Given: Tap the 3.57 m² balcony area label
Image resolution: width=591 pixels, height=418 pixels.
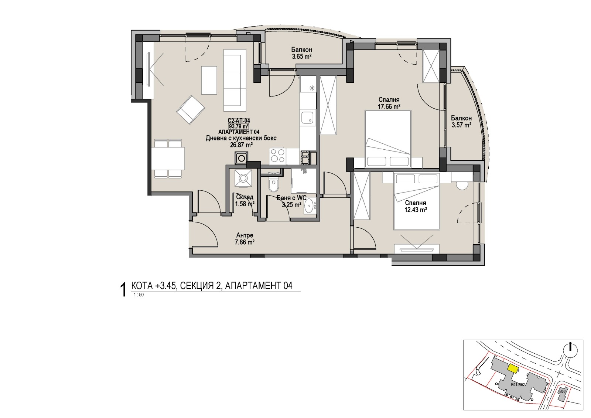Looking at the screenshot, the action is pyautogui.click(x=461, y=125).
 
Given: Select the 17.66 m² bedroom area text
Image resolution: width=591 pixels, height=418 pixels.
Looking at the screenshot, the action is pyautogui.click(x=389, y=107).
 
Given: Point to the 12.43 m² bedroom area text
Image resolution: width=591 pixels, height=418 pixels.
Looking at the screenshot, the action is pyautogui.click(x=416, y=210).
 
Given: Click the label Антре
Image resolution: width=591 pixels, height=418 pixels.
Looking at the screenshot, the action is pyautogui.click(x=245, y=235).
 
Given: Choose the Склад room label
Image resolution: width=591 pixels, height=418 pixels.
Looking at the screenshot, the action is pyautogui.click(x=245, y=197).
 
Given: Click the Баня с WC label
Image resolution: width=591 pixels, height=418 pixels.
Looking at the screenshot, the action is pyautogui.click(x=291, y=198).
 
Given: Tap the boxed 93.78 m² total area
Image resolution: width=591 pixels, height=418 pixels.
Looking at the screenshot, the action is pyautogui.click(x=239, y=126).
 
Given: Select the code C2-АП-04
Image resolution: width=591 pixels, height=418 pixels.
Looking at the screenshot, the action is pyautogui.click(x=239, y=121).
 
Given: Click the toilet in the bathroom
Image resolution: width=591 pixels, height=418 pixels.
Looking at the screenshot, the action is pyautogui.click(x=273, y=184).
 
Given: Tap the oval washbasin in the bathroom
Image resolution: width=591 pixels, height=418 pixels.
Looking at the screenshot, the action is pyautogui.click(x=308, y=206).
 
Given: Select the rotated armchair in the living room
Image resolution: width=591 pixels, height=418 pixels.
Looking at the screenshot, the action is pyautogui.click(x=191, y=110).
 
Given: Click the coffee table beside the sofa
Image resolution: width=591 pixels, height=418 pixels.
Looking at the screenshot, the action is pyautogui.click(x=209, y=80).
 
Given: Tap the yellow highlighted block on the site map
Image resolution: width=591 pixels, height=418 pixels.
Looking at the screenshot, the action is pyautogui.click(x=513, y=368).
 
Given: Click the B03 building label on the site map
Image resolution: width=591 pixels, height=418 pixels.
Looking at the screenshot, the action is pyautogui.click(x=562, y=391).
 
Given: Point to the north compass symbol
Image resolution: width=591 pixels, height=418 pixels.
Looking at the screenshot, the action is pyautogui.click(x=570, y=350).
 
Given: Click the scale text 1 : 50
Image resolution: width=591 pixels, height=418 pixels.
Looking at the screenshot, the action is pyautogui.click(x=139, y=295).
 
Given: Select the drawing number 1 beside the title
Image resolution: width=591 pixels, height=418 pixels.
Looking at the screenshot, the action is pyautogui.click(x=123, y=290).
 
